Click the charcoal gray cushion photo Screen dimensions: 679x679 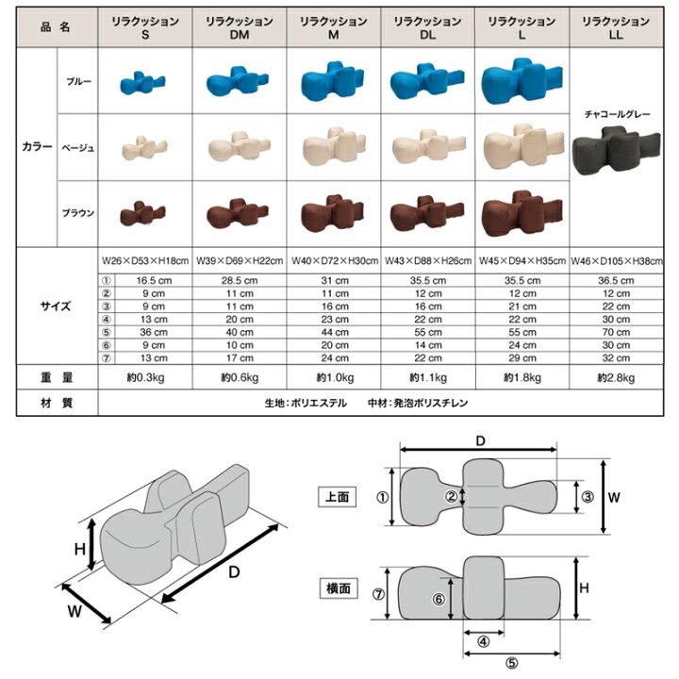(x=618, y=149)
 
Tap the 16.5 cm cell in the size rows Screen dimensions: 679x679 (x=144, y=280)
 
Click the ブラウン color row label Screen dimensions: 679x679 (x=77, y=214)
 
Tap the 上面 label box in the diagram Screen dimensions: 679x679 (x=337, y=496)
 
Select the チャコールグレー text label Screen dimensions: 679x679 (x=618, y=113)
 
